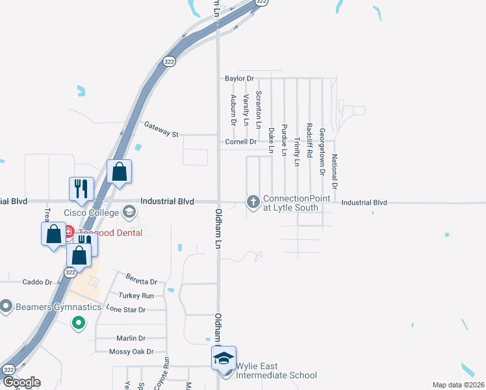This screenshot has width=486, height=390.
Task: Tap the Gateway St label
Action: point(161,129)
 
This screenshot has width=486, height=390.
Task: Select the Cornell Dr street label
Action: point(241,142)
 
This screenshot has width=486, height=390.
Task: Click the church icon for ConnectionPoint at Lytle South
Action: point(253,202)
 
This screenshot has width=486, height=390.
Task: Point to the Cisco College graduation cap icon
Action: point(129,212)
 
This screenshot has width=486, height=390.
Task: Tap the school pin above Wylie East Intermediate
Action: point(223,357)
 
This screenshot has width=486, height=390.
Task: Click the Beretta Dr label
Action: point(142,282)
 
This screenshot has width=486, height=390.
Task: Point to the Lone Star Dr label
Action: point(126,309)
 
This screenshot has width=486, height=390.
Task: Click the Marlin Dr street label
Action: point(131,338)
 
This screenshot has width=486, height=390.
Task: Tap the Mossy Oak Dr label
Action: point(131,352)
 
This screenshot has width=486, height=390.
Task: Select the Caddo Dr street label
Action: point(37,282)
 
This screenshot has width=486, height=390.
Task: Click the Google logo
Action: point(21,382)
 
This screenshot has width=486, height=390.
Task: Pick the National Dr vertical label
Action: point(334,171)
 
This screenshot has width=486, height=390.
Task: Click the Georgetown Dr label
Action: point(322,152)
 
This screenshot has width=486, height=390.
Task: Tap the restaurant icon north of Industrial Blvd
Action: point(82,188)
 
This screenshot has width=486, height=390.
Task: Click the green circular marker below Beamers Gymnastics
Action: point(79,322)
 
